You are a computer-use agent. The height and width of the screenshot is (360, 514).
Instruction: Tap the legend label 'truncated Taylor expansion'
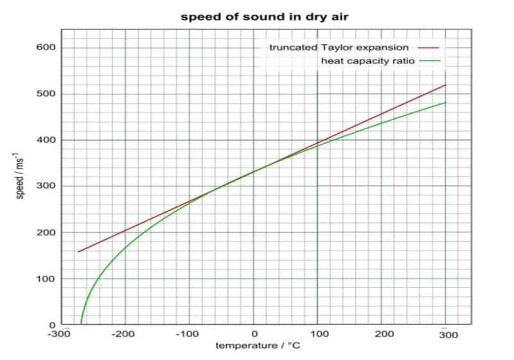[339, 48]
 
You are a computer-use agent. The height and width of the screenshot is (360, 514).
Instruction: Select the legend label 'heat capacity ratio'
[368, 61]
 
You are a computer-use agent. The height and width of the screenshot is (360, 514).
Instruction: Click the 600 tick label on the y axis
[46, 48]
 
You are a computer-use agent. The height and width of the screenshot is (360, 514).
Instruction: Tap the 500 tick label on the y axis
[46, 94]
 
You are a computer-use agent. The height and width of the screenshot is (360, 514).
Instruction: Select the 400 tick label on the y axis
[46, 140]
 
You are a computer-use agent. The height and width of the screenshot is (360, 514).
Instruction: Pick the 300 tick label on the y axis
[46, 186]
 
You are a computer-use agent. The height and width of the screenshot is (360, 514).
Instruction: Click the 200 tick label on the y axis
[46, 233]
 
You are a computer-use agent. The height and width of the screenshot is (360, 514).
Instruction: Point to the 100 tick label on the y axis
[46, 279]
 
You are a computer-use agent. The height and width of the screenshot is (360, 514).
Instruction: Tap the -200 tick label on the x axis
[125, 336]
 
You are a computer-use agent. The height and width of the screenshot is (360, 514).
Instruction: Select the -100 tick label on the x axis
[188, 336]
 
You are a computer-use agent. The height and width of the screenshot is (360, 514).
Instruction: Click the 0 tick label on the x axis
[254, 336]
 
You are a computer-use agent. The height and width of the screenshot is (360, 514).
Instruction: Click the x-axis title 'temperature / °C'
[258, 346]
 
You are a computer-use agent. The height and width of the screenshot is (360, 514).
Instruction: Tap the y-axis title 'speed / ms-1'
[20, 174]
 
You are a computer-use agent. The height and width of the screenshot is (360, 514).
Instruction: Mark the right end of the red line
[445, 85]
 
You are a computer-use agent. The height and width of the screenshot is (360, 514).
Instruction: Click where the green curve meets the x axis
[81, 325]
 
